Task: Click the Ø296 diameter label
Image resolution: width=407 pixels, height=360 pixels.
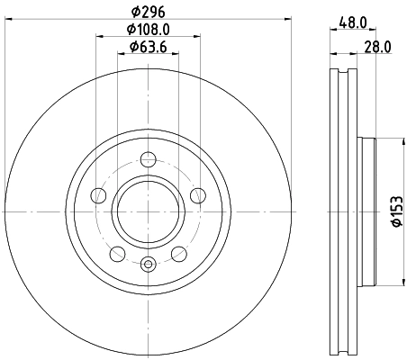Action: tap(149, 13)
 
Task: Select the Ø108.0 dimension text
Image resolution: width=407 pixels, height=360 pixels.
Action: tap(149, 30)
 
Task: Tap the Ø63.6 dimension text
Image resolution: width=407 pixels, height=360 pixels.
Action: tap(149, 47)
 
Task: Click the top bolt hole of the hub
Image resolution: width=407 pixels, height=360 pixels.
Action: tap(149, 162)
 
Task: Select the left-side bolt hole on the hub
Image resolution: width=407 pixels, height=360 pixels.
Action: tap(98, 193)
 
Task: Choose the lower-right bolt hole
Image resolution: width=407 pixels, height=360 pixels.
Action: tap(180, 252)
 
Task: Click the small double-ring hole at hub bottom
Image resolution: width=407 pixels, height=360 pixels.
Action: tap(149, 264)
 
